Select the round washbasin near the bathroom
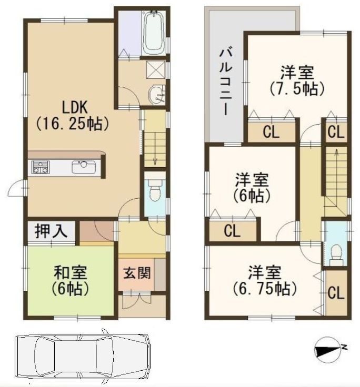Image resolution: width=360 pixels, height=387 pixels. click(156, 95)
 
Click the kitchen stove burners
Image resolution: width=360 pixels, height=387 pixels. click(40, 168)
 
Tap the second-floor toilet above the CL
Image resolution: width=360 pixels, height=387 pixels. click(335, 253)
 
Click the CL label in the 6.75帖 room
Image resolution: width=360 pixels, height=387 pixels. click(336, 293)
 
